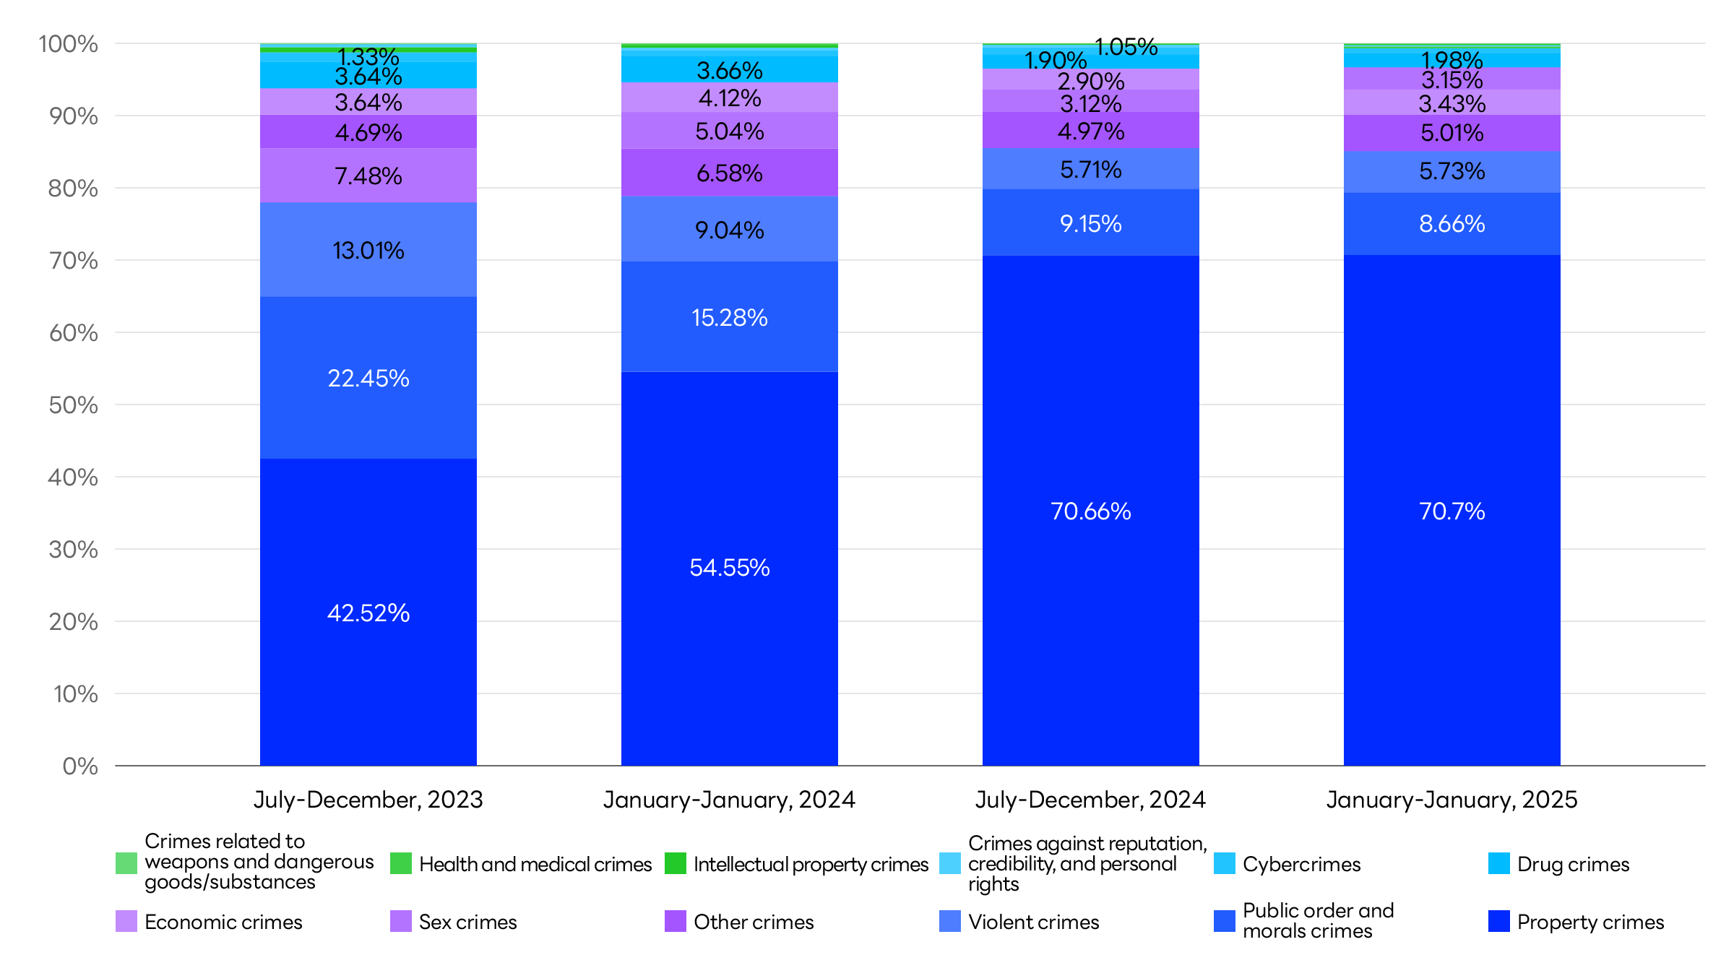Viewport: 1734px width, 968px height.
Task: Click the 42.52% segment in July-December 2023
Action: [368, 613]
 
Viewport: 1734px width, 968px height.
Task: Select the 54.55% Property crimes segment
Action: [730, 568]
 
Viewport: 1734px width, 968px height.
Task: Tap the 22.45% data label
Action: [368, 378]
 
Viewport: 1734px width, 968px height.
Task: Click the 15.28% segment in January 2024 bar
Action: [730, 317]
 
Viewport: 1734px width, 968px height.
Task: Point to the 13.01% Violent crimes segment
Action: [368, 250]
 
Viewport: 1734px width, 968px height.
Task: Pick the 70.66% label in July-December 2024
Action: [1091, 511]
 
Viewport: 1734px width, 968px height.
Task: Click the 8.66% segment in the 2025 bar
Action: [1452, 223]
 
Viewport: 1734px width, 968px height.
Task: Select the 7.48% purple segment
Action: [368, 176]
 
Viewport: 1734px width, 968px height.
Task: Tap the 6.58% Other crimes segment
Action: [730, 173]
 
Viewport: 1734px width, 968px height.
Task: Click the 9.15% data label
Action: [1091, 223]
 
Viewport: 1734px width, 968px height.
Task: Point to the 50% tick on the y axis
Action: [73, 405]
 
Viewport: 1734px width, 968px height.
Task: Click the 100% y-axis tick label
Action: [68, 43]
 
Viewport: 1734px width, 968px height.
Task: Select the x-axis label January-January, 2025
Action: [1452, 800]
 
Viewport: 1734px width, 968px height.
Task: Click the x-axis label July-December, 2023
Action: [368, 800]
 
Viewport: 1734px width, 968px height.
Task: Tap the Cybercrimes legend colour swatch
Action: [1225, 863]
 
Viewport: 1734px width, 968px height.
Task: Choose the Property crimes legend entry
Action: [1589, 922]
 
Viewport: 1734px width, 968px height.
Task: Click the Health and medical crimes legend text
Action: [535, 864]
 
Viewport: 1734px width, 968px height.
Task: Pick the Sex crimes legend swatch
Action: [401, 921]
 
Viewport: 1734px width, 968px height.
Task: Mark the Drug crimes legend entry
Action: [1573, 864]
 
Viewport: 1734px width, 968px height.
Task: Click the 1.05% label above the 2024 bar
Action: [1126, 47]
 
